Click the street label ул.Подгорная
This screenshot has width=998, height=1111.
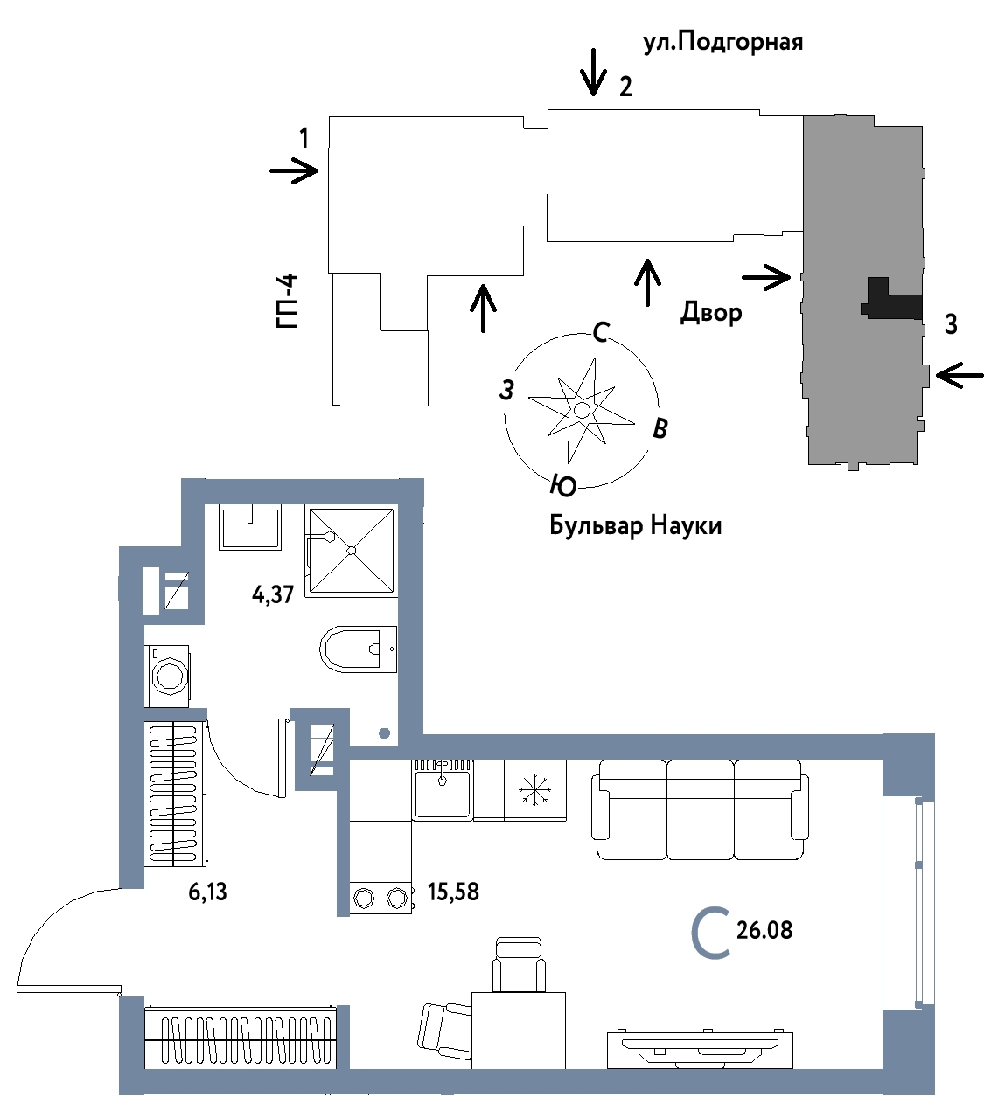[723, 43]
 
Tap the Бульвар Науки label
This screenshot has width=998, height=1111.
[635, 526]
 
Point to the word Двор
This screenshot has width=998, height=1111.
[711, 312]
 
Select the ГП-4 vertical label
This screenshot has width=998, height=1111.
[286, 301]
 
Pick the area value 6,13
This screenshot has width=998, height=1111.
[207, 892]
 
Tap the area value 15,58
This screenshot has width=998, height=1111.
[453, 892]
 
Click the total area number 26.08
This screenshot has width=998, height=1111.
[764, 931]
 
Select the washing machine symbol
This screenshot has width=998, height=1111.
[167, 677]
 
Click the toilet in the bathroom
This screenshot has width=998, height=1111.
[359, 649]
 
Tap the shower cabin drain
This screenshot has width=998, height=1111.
[352, 551]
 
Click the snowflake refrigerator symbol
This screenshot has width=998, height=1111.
[534, 790]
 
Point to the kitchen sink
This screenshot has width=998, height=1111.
[443, 790]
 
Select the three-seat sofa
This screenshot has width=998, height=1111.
[700, 809]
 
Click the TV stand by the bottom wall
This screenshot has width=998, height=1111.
[700, 1050]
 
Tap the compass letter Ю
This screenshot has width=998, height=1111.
[563, 485]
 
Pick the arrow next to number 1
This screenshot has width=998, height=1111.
[294, 170]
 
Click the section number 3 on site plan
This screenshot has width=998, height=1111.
[951, 324]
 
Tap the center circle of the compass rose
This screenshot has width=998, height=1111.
[582, 410]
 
